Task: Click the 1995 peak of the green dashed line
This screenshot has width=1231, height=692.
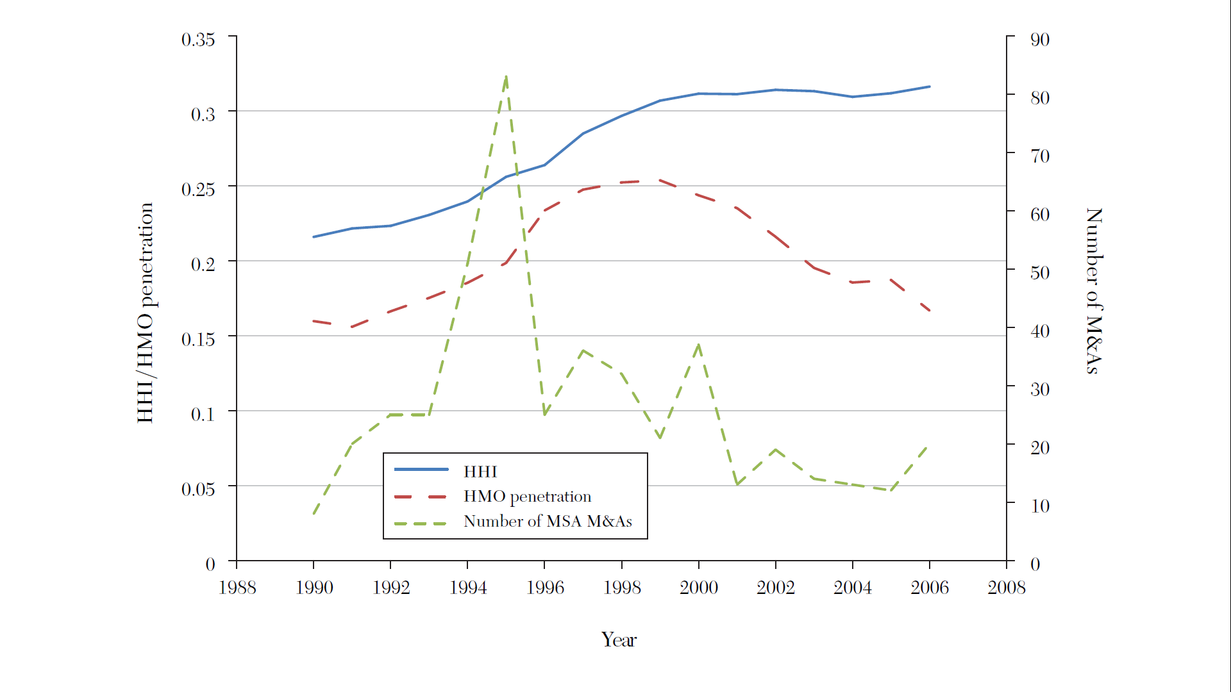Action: [507, 76]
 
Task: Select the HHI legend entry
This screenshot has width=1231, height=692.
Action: [480, 472]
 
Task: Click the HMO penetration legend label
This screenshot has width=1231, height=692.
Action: [527, 497]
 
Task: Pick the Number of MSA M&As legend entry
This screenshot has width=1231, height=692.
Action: [548, 522]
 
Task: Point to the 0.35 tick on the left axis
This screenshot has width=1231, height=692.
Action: [198, 40]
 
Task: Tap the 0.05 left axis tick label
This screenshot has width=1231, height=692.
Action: [198, 490]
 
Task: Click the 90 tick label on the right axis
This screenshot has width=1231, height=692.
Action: [1039, 40]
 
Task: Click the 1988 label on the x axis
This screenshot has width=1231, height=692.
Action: [237, 588]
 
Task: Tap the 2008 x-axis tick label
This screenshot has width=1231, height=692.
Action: [1006, 588]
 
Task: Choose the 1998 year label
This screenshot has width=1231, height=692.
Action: [621, 588]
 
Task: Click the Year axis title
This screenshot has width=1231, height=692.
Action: [619, 639]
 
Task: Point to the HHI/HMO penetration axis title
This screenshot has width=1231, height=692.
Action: [146, 313]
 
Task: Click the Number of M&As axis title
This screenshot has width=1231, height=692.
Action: [1094, 290]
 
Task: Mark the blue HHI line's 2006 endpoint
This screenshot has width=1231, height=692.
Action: [930, 86]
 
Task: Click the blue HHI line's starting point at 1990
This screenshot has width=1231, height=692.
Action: [314, 237]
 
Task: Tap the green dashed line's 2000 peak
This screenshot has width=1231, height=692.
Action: [699, 345]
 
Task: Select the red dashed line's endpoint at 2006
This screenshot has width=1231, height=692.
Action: [930, 311]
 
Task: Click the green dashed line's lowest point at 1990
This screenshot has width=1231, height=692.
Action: [314, 514]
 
